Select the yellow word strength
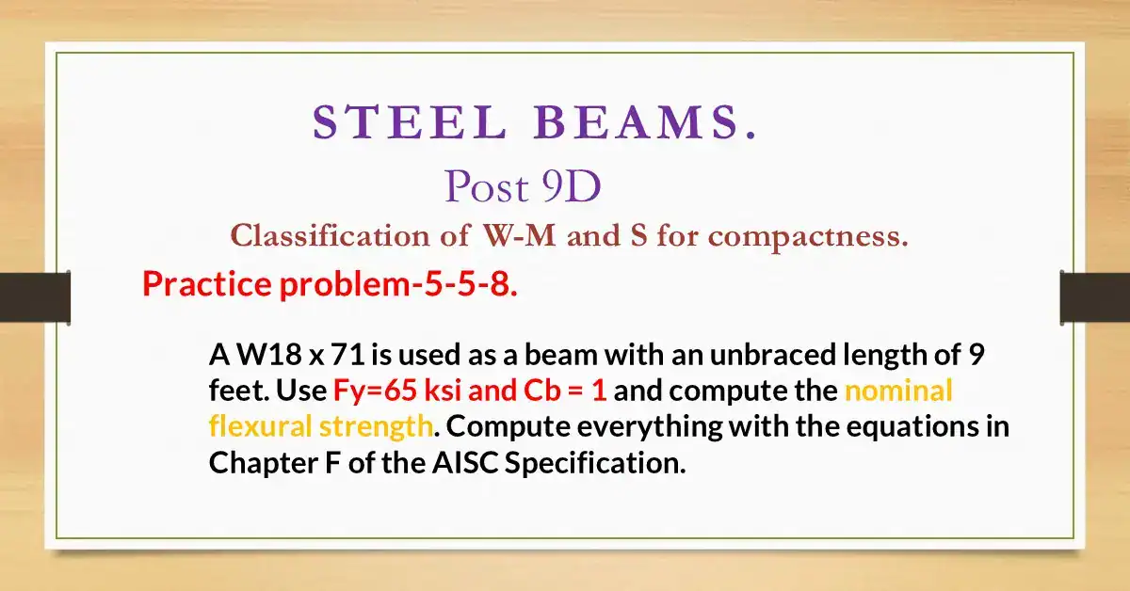pos(377,426)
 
